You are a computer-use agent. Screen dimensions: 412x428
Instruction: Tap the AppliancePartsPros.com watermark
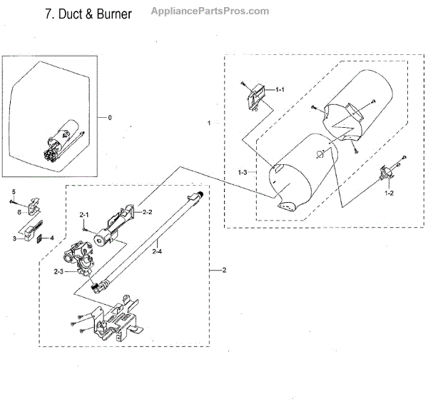211,11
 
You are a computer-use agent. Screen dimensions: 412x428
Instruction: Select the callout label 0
108,116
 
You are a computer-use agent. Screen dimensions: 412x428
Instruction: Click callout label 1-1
280,89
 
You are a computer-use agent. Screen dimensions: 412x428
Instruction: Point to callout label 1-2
389,194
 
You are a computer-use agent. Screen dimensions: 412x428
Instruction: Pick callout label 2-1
83,215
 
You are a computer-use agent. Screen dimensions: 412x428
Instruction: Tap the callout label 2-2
148,212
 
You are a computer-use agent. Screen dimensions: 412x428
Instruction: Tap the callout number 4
51,238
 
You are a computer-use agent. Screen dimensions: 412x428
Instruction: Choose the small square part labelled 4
41,238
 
